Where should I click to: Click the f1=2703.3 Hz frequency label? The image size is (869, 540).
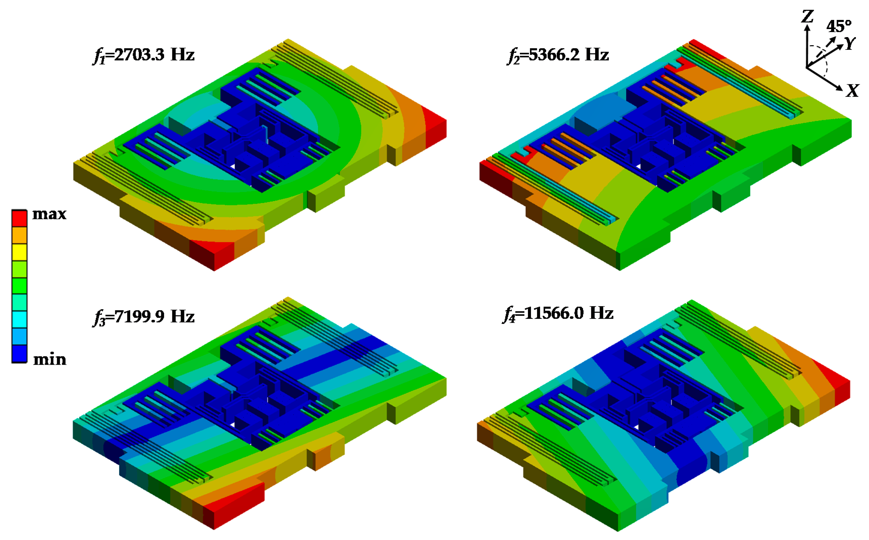point(143,55)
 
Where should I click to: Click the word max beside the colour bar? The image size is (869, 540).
point(49,214)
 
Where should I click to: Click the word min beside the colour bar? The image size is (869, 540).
point(50,359)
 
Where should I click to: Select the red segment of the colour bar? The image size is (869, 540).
point(19,218)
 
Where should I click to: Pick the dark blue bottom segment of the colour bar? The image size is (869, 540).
point(19,354)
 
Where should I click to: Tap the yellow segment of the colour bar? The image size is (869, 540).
point(19,252)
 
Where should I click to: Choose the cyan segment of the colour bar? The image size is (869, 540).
point(19,319)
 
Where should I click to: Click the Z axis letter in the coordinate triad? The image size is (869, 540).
point(808,16)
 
